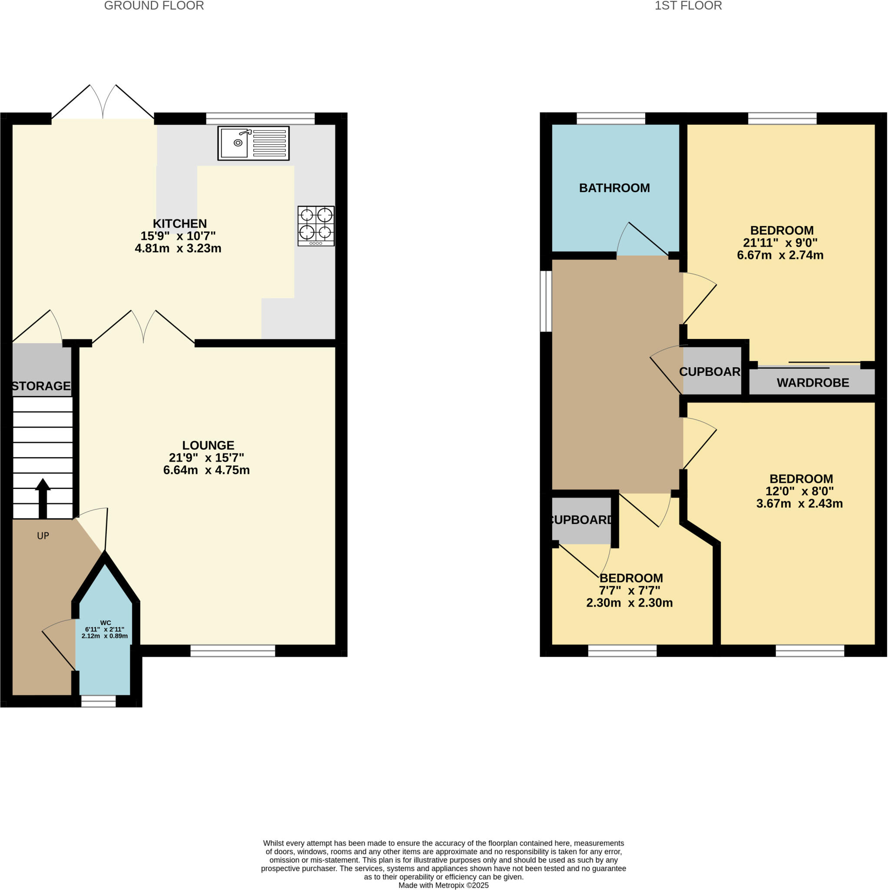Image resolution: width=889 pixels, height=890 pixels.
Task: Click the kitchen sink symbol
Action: [253, 143]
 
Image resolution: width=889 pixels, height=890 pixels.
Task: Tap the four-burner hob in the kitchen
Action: [315, 226]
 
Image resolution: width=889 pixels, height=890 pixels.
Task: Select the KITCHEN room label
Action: [179, 223]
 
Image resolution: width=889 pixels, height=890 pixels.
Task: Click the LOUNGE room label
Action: [208, 445]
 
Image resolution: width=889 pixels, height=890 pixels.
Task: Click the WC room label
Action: [105, 622]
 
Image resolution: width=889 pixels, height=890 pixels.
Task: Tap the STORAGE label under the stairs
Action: [41, 386]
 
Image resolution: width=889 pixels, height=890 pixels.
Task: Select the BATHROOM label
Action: [614, 188]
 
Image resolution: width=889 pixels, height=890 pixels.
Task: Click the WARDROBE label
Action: [813, 383]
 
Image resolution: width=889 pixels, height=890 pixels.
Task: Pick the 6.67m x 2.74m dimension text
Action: [780, 255]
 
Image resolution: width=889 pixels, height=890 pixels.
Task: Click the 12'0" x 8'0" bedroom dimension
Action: [799, 491]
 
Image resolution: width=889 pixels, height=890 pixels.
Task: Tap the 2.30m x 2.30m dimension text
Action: [629, 603]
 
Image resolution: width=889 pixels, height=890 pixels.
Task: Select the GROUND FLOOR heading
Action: [154, 6]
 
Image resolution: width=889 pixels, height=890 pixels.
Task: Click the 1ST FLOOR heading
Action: [688, 6]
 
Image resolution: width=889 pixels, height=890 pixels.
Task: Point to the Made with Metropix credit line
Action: [443, 885]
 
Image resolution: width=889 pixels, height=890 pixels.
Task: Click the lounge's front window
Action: [232, 651]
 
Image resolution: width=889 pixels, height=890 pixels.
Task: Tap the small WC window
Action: [99, 701]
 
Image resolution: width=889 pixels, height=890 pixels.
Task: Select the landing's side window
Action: [546, 301]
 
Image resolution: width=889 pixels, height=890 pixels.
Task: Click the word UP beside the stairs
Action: [43, 536]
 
